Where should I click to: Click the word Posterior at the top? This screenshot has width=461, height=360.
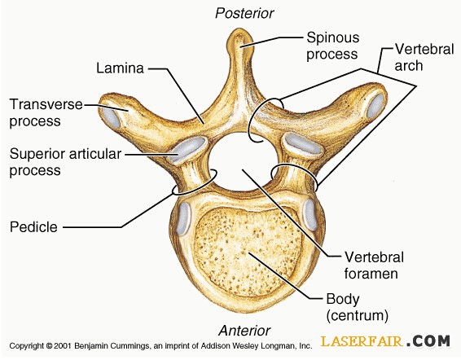coord(244,13)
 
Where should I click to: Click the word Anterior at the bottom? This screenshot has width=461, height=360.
coord(244,331)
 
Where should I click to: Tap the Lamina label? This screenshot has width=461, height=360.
coord(120,68)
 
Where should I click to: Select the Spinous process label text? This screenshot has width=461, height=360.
coord(333,46)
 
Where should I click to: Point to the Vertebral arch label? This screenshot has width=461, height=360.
coord(424,57)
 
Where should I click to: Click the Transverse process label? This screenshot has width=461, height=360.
coord(46,112)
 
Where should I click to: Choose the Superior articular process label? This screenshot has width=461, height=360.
coord(65,162)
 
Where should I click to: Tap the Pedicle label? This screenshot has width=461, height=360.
coord(33,227)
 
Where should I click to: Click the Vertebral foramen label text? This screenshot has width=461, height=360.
coord(374,266)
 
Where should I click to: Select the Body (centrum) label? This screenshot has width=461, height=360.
coord(358,307)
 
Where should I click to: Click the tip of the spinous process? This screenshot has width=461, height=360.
coord(240,29)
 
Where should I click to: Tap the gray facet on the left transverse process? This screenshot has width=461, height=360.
coord(111,117)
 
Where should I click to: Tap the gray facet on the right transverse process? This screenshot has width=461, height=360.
coord(375,105)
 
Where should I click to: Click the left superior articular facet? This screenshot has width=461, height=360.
coord(187,149)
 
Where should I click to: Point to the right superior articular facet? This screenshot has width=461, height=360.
coord(303,144)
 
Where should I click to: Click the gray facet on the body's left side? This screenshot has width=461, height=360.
coord(183,217)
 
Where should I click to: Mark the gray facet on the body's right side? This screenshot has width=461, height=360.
coord(310,213)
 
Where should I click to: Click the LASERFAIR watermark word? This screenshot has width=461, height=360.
coord(362,341)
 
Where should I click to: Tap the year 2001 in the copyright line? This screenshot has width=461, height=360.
coord(62,345)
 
